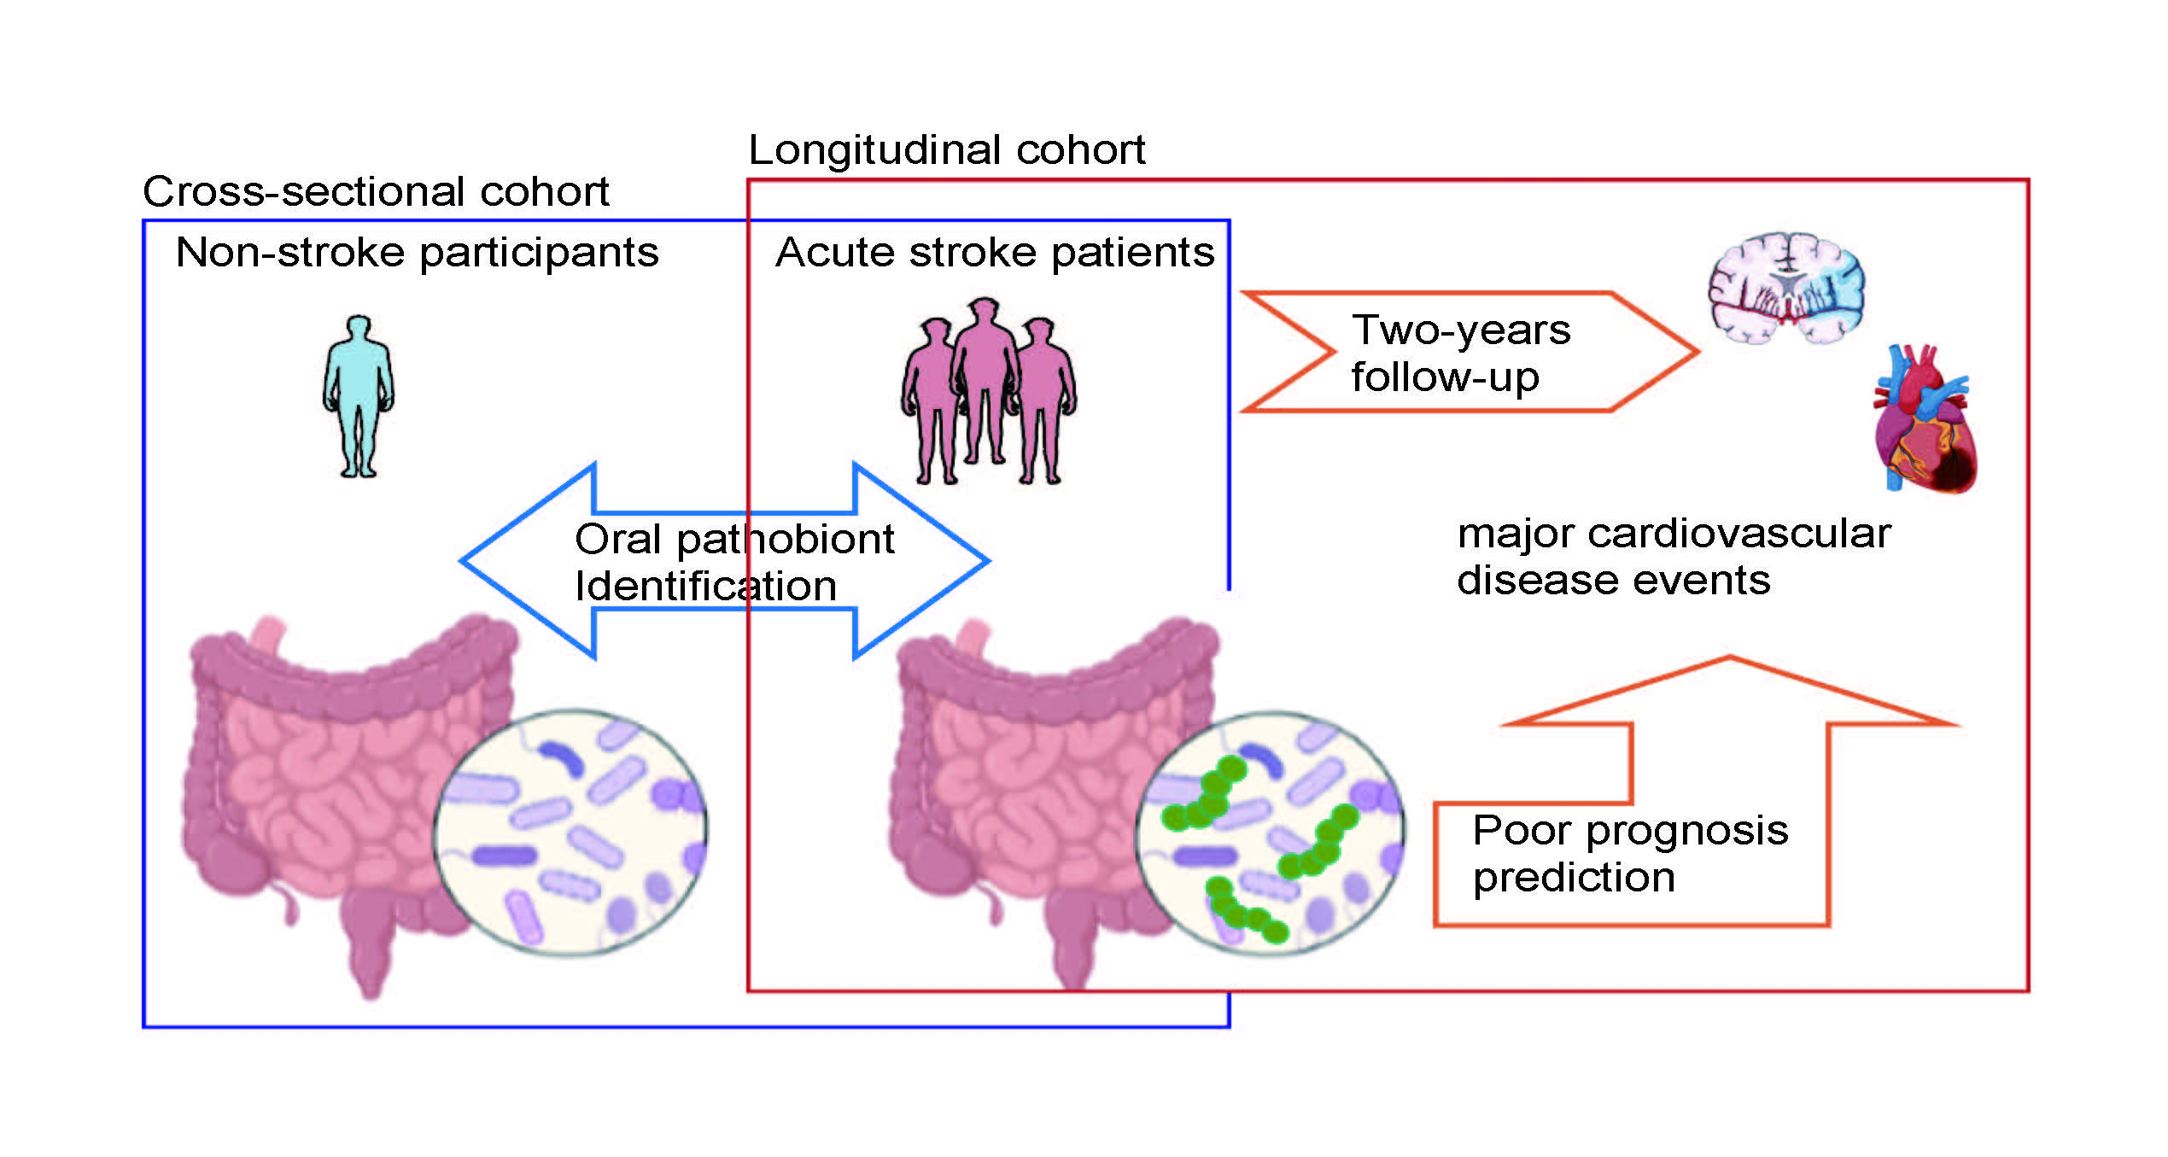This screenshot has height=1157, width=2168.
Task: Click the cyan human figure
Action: click(359, 395)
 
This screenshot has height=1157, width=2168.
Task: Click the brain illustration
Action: click(1787, 288)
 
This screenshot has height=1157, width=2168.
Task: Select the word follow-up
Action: click(1445, 377)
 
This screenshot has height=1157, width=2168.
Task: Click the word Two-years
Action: click(1461, 330)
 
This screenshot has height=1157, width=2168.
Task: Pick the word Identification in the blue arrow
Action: click(705, 587)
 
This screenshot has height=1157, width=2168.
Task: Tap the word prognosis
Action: click(1686, 830)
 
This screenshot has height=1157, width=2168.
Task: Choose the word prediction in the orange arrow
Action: click(1574, 878)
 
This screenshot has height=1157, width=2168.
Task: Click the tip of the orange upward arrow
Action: click(1730, 660)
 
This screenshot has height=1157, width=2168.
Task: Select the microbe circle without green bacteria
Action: click(570, 833)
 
